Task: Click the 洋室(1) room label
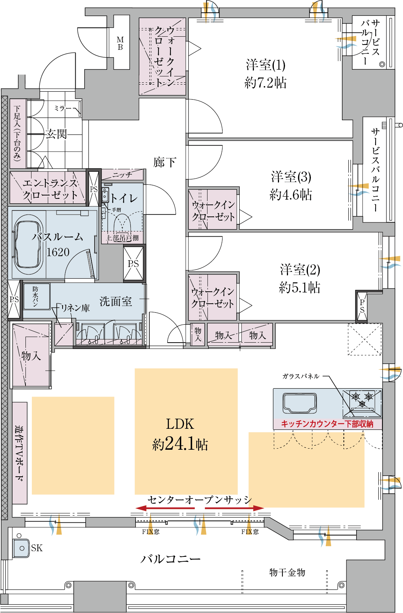tap(266, 65)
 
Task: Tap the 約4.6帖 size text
tap(291, 195)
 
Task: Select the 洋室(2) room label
tap(300, 270)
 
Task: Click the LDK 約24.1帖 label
tap(180, 434)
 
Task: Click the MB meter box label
tap(120, 43)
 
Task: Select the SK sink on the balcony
tap(21, 548)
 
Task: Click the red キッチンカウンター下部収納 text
tap(327, 424)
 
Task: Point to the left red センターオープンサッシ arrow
tap(165, 508)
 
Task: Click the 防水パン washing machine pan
tap(36, 297)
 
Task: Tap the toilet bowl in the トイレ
tap(122, 223)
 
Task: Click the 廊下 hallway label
tap(165, 162)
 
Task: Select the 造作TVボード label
tap(19, 453)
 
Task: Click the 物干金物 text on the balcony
tap(287, 572)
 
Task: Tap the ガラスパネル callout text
tap(301, 376)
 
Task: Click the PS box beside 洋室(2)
tap(362, 306)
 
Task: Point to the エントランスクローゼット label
tap(50, 189)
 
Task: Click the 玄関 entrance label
tap(56, 134)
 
